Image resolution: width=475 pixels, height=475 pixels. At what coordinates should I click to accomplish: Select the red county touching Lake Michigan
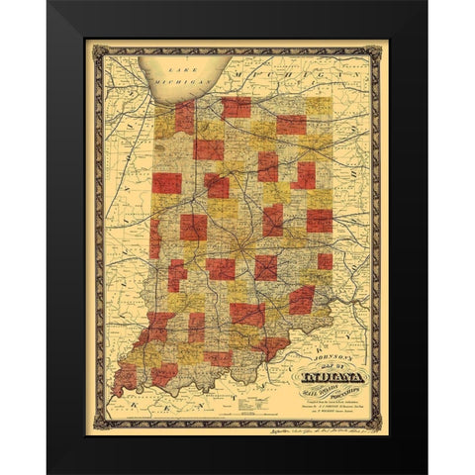pos(184,118)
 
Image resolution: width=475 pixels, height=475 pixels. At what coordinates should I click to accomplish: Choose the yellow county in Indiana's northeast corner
pos(319,106)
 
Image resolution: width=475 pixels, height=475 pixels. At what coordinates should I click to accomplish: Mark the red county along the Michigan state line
pos(236,106)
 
